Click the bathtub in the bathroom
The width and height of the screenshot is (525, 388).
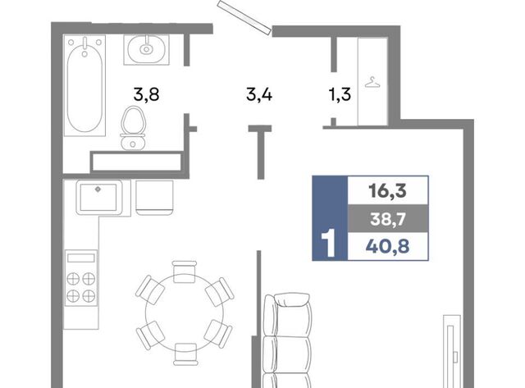pyautogui.click(x=84, y=85)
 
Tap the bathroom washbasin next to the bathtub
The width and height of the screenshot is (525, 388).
pyautogui.click(x=146, y=49)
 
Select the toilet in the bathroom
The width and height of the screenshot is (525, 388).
pyautogui.click(x=133, y=128)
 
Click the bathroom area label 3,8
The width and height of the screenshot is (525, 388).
pyautogui.click(x=146, y=94)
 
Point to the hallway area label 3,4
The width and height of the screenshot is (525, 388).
pyautogui.click(x=259, y=94)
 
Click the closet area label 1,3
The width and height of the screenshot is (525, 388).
pyautogui.click(x=340, y=94)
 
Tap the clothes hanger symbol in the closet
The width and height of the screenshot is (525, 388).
pyautogui.click(x=372, y=82)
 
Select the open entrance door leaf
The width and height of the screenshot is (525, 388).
pyautogui.click(x=244, y=17)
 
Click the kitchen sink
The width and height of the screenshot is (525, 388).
pyautogui.click(x=98, y=197)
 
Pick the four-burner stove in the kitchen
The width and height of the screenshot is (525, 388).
pyautogui.click(x=81, y=278)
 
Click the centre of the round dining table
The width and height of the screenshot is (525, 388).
pyautogui.click(x=185, y=313)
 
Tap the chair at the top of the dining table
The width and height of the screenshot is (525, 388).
pyautogui.click(x=185, y=272)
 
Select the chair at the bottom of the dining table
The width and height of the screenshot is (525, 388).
pyautogui.click(x=185, y=354)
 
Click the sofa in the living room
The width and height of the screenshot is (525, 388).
pyautogui.click(x=288, y=340)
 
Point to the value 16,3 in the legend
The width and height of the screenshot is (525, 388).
pyautogui.click(x=388, y=190)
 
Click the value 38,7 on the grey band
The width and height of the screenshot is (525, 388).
pyautogui.click(x=388, y=219)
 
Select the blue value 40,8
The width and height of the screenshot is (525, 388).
pyautogui.click(x=388, y=247)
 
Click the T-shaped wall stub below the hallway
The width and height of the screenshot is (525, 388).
pyautogui.click(x=260, y=152)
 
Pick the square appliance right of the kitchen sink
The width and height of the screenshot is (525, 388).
pyautogui.click(x=154, y=198)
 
